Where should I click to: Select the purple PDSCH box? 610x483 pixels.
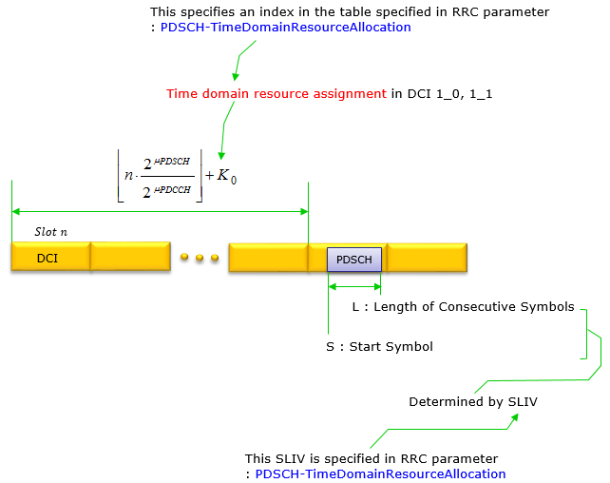[x=354, y=260]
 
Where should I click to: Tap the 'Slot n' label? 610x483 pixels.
[x=51, y=232]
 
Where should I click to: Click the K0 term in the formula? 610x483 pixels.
[x=227, y=176]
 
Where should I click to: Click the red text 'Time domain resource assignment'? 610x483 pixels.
[x=276, y=94]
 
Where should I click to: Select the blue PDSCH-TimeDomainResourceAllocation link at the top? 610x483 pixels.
[x=286, y=28]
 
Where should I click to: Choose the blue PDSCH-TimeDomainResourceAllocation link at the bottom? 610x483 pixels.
[x=380, y=474]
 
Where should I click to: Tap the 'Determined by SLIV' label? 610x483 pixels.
[x=473, y=401]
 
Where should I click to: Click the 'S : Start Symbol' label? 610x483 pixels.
[x=379, y=346]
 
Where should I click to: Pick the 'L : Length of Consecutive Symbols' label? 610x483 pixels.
[x=463, y=307]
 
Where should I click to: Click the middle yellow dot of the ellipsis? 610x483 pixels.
[x=200, y=258]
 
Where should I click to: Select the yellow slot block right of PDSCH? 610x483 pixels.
[x=428, y=257]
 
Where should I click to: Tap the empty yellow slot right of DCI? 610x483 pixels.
[x=130, y=257]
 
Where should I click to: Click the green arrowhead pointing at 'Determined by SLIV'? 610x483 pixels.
[x=515, y=417]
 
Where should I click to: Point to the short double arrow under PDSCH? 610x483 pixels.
[x=354, y=287]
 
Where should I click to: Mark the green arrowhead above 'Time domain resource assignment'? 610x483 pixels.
[x=235, y=76]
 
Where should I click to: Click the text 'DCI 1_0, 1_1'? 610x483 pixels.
[x=449, y=94]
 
